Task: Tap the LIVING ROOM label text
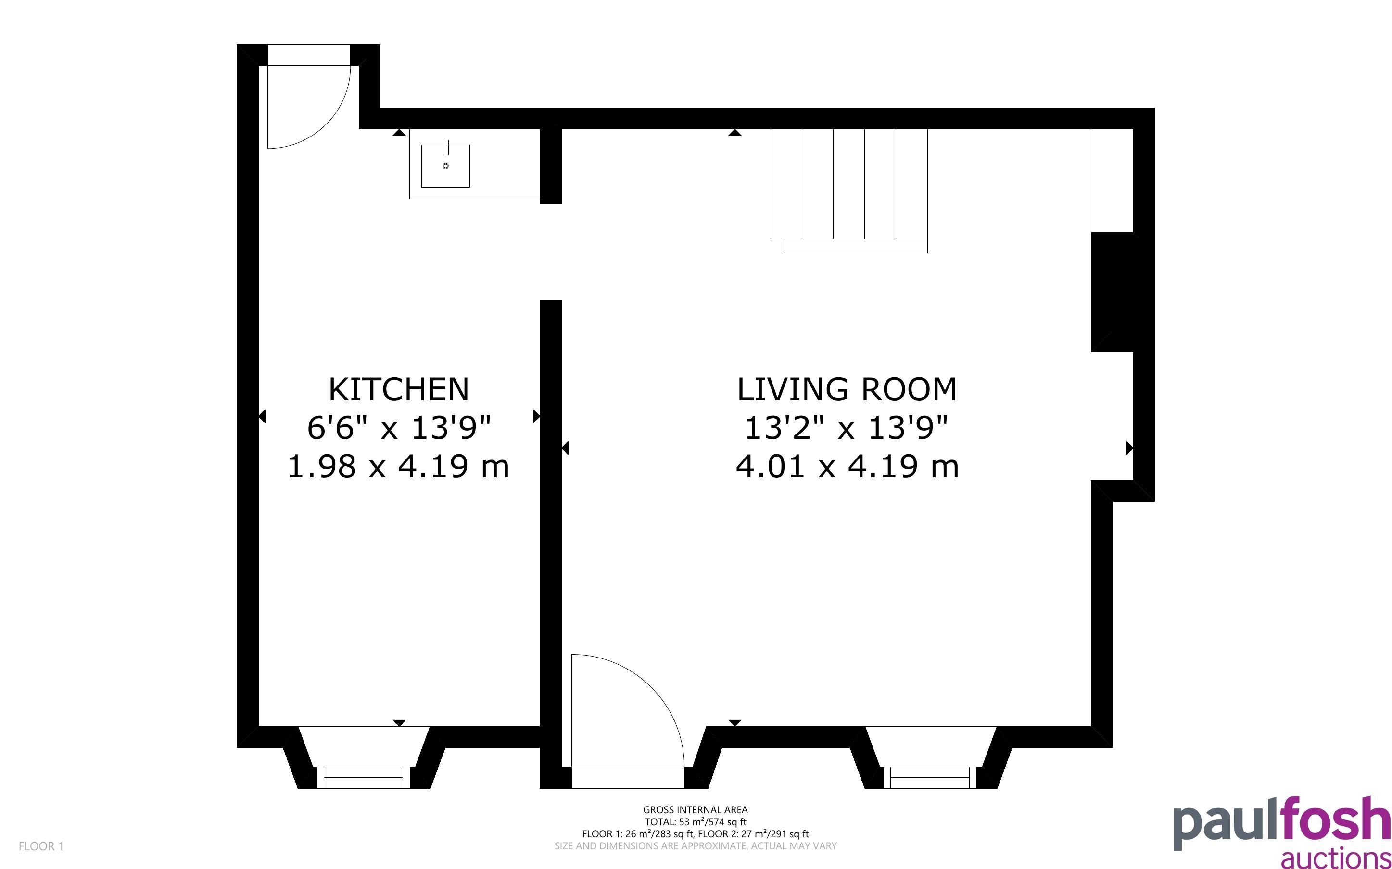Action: coord(847,390)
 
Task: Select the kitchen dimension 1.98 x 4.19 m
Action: coord(398,466)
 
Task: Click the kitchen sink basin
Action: coord(445,166)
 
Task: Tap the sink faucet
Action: coord(445,147)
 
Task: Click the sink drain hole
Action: coord(445,166)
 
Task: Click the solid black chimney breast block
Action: coord(1112,292)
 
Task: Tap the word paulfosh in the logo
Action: coord(1281,824)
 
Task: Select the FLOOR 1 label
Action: coord(41,846)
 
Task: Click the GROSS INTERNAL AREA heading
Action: coord(695,810)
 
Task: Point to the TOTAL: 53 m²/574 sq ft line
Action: coord(695,822)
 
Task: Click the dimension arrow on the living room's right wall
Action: coord(1130,448)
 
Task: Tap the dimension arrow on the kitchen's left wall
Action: coord(262,416)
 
